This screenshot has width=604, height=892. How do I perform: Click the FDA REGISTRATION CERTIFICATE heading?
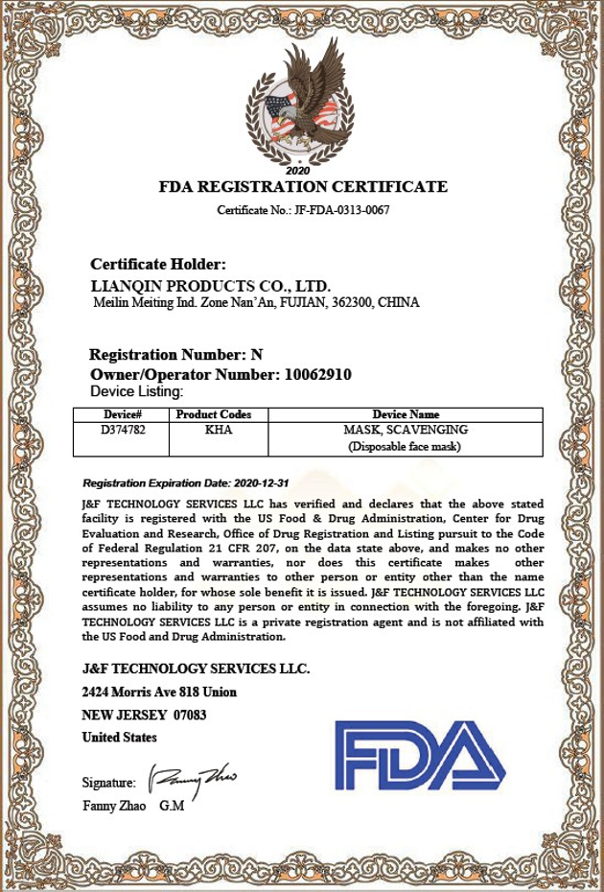pyautogui.click(x=303, y=187)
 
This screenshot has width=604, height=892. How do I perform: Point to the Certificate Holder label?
pyautogui.click(x=158, y=264)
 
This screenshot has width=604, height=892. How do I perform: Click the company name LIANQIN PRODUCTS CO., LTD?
pyautogui.click(x=210, y=286)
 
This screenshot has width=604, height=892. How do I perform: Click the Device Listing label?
pyautogui.click(x=136, y=391)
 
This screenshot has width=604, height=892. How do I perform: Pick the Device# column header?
pyautogui.click(x=123, y=414)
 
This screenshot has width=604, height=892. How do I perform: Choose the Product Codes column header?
pyautogui.click(x=214, y=414)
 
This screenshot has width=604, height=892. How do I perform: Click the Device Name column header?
pyautogui.click(x=406, y=414)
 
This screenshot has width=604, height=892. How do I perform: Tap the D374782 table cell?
pyautogui.click(x=123, y=430)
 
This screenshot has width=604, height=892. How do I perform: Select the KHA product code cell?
pyautogui.click(x=219, y=430)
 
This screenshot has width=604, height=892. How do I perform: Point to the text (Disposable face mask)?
pyautogui.click(x=405, y=446)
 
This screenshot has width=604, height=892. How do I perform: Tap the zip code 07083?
pyautogui.click(x=190, y=715)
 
